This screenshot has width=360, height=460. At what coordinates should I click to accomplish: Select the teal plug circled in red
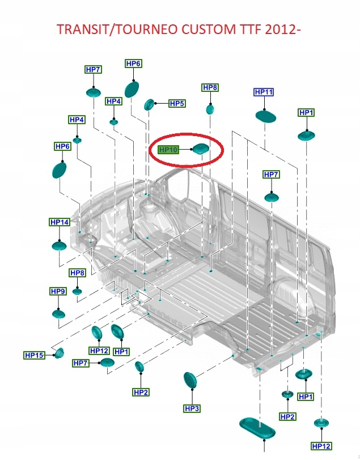200,149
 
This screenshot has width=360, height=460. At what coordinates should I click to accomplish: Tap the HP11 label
264,92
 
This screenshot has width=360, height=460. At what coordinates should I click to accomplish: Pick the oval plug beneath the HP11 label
265,116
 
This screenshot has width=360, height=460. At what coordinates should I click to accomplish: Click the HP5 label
177,104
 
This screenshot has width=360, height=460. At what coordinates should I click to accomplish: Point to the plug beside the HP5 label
150,104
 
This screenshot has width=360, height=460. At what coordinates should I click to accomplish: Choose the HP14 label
59,222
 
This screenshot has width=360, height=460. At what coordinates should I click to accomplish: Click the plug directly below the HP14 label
60,246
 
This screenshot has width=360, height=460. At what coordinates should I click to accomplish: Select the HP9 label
58,292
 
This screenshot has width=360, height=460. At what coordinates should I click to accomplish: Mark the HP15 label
34,355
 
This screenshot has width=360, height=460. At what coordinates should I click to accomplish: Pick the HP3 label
192,408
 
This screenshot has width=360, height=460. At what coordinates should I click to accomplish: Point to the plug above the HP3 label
190,380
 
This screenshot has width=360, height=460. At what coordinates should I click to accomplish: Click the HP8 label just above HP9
78,273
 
